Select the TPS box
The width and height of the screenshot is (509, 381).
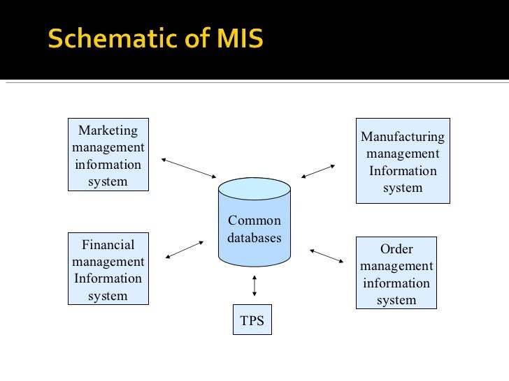point(252,321)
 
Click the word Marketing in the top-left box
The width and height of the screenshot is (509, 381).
point(108,130)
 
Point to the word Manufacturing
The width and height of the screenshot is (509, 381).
point(402,137)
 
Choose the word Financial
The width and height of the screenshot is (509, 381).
point(108,244)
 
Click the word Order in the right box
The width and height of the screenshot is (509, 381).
point(396,249)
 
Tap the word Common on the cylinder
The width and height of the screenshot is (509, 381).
point(254,221)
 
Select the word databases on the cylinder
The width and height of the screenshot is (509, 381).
point(254,237)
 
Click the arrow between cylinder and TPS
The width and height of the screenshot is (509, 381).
point(254,285)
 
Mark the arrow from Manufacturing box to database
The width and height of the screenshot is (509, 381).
point(318,171)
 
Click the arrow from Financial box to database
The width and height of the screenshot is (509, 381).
point(185,249)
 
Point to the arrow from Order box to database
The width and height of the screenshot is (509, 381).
point(327,256)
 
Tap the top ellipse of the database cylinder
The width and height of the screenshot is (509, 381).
point(254,188)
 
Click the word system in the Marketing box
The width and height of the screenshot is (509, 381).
point(108,181)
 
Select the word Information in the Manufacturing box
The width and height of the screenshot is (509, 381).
point(402,171)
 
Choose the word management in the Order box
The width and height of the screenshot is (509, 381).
point(396,266)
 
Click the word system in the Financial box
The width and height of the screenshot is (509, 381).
point(108,296)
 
